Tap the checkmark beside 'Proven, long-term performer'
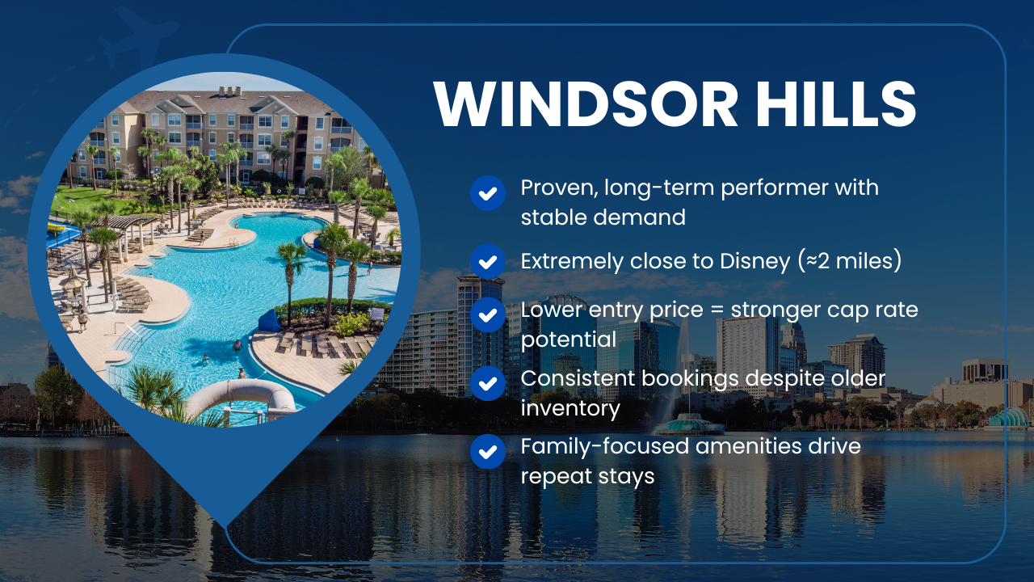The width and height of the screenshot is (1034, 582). tap(487, 194)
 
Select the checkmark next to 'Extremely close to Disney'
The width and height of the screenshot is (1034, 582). tap(487, 261)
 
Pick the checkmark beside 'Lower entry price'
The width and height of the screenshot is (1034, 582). tap(487, 315)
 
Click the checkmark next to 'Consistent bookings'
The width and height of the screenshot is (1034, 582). tap(487, 383)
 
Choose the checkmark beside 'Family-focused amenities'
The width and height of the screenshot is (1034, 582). tap(487, 451)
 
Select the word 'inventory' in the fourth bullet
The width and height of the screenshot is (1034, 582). tap(570, 408)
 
